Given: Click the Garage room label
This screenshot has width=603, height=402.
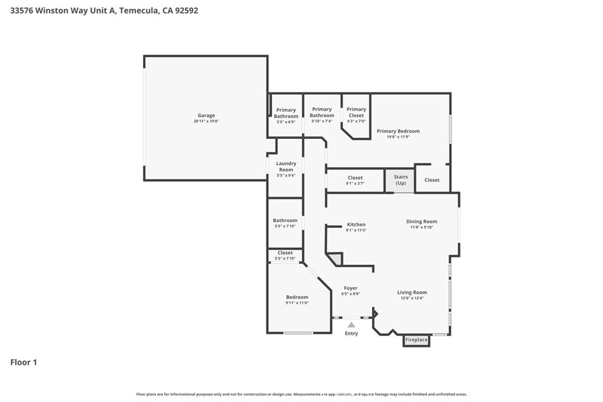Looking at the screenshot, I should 206,115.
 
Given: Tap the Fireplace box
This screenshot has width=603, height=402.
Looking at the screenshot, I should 416,340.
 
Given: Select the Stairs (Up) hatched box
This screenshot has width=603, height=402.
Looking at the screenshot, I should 400,180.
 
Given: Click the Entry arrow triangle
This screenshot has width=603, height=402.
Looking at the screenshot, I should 352,324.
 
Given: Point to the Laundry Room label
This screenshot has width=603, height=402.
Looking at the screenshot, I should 286,167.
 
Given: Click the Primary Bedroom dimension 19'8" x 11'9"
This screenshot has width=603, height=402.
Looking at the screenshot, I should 398,137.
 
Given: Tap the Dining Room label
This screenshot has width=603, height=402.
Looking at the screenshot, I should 422,221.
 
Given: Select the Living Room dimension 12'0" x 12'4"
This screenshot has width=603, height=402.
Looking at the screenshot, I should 412,298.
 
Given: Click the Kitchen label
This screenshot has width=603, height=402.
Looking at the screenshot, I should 356,224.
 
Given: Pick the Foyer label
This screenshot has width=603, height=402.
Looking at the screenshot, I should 351,288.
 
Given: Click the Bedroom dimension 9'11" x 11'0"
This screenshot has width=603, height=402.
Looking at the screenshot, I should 297,303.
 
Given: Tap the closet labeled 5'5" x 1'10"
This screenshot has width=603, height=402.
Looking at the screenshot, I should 285,255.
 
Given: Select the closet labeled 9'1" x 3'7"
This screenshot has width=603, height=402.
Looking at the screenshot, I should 355,180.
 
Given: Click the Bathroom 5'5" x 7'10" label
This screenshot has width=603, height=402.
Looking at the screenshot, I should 285,223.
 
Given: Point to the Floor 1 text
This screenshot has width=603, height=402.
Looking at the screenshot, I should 24,363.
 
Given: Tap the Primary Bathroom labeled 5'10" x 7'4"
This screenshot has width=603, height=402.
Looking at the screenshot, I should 322,112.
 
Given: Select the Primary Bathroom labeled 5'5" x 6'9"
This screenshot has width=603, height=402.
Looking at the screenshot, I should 286,113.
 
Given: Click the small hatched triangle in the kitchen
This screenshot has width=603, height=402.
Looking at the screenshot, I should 336,258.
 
